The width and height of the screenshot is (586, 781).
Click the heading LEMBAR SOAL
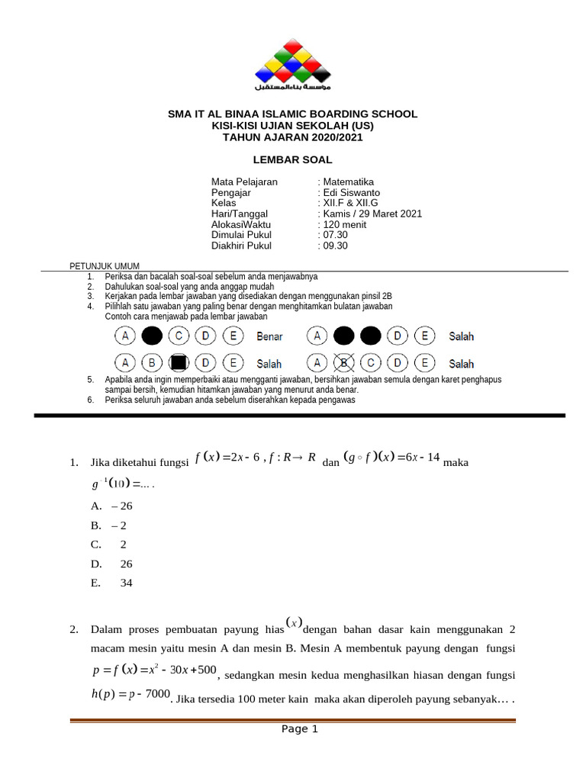(x=292, y=159)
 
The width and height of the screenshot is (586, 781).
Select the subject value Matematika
(x=348, y=182)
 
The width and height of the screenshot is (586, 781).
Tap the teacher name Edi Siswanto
(x=351, y=193)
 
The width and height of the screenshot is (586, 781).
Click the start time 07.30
(x=335, y=236)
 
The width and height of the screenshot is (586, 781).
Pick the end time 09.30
(x=335, y=246)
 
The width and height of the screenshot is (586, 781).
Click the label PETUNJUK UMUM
(x=100, y=266)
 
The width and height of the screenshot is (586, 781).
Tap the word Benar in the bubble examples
(x=269, y=336)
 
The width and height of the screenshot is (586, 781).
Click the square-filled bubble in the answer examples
(x=179, y=363)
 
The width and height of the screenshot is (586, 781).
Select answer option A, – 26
(x=111, y=506)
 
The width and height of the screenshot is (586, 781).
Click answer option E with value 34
(x=111, y=583)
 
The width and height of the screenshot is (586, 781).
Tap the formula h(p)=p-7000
(x=129, y=695)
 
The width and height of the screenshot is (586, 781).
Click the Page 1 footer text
(x=299, y=729)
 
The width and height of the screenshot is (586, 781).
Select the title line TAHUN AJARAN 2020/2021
(x=292, y=138)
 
